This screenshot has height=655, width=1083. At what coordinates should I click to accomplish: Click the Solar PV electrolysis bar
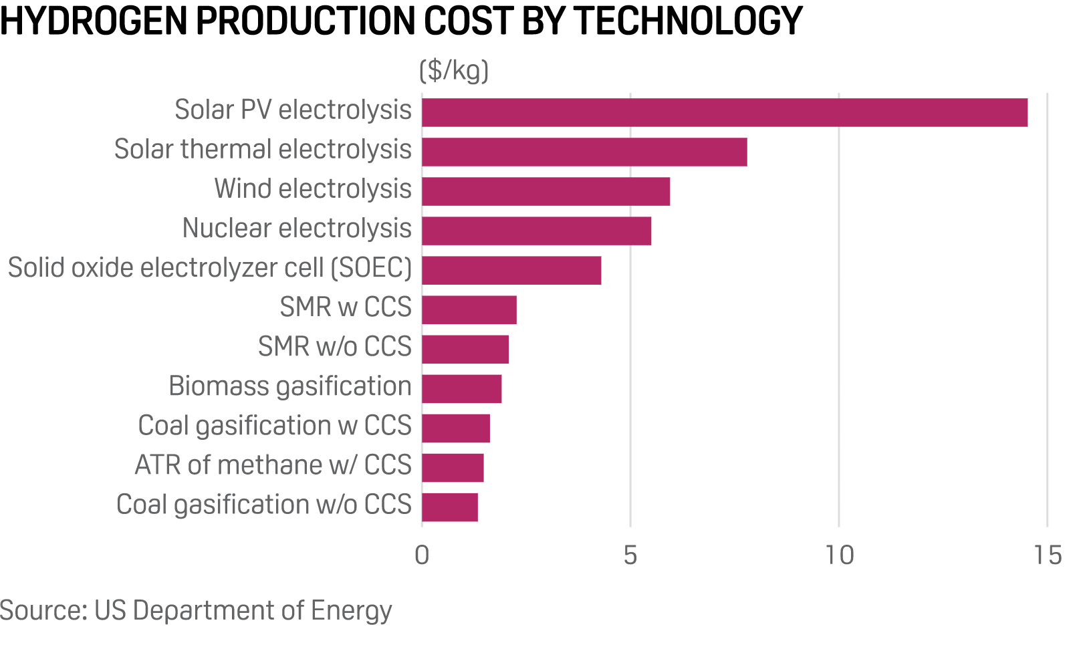[x=724, y=112]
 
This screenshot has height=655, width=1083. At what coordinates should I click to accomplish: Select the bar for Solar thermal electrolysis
[x=584, y=152]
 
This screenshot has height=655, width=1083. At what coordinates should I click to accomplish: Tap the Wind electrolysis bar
[x=546, y=191]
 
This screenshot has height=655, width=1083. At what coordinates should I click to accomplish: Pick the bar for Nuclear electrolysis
[x=536, y=231]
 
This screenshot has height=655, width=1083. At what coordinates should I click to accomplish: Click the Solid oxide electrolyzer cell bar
[x=511, y=270]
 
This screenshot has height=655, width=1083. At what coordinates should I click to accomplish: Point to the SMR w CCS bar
[x=469, y=309]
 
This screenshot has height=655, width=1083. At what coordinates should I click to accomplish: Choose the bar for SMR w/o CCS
[x=465, y=349]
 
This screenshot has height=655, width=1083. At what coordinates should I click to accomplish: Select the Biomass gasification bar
[x=461, y=388]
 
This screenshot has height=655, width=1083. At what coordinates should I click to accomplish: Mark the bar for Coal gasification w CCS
[x=455, y=428]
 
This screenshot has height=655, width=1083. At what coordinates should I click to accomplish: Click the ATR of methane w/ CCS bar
[x=453, y=467]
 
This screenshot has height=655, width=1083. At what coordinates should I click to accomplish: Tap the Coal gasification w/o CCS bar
[x=449, y=507]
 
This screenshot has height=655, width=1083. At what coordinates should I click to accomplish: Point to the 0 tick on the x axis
[x=422, y=555]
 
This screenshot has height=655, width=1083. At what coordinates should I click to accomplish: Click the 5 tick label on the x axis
[x=630, y=555]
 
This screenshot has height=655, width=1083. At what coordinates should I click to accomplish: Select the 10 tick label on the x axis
[x=838, y=555]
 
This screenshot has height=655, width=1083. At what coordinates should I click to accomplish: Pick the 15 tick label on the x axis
[x=1047, y=555]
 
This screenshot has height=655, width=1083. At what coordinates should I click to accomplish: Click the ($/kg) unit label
[x=454, y=70]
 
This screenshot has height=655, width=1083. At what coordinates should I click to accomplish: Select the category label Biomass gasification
[x=289, y=386]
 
